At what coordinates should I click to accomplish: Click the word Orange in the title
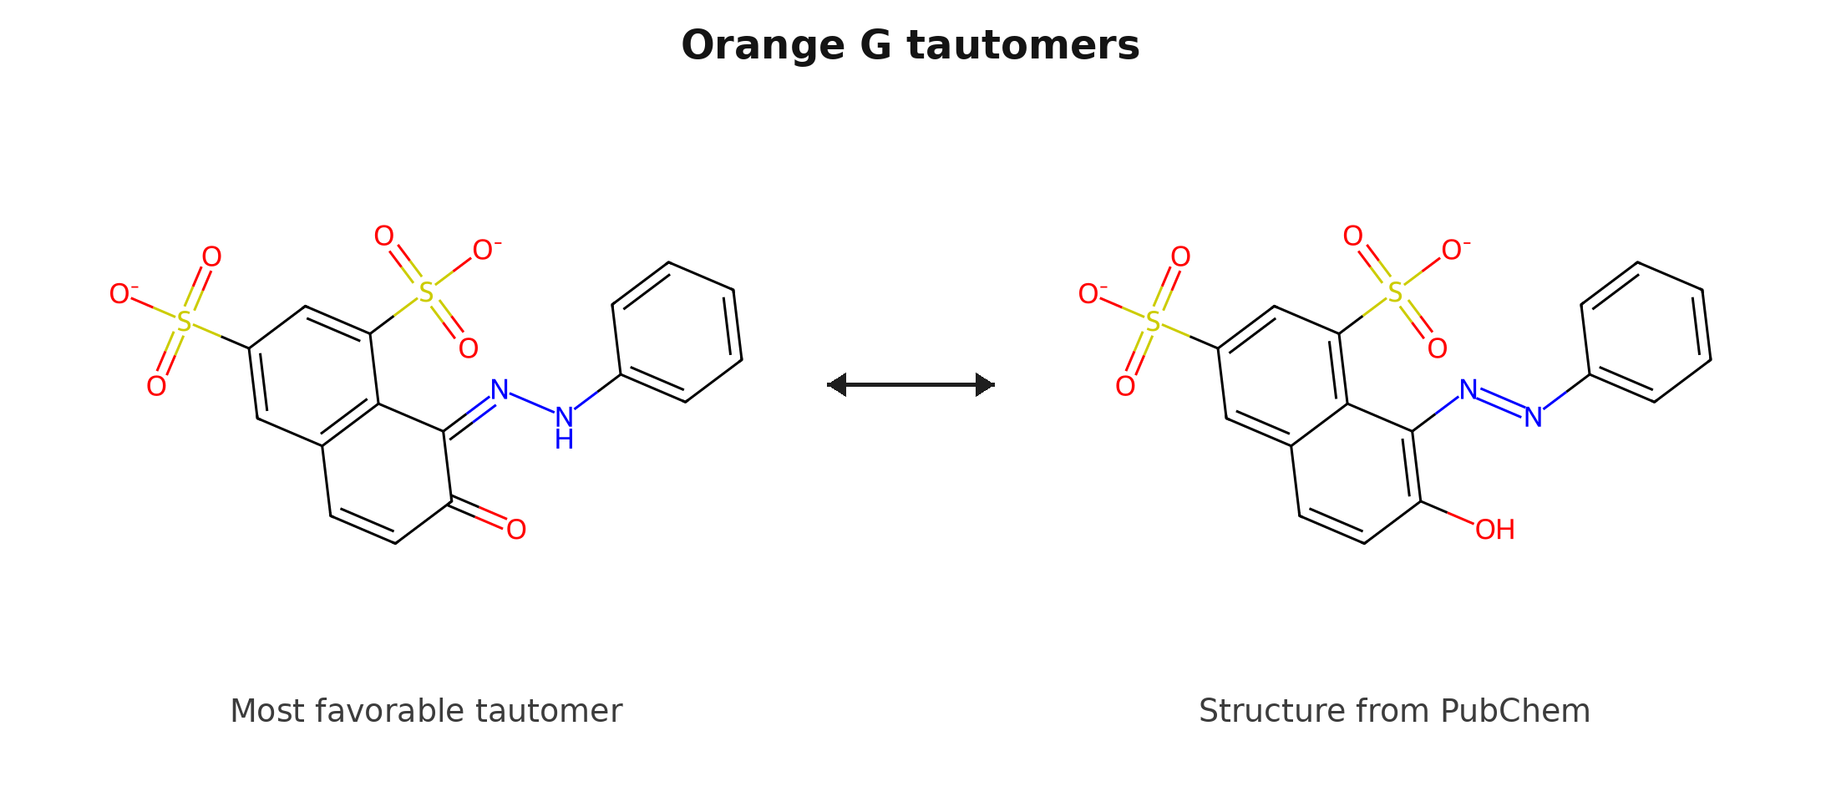763,46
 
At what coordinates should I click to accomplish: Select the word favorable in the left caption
385,711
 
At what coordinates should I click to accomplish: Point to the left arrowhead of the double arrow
837,384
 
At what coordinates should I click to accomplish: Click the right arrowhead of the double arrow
985,384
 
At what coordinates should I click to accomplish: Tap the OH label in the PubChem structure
1495,529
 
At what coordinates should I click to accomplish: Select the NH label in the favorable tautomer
565,427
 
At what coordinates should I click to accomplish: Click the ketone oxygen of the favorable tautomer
516,529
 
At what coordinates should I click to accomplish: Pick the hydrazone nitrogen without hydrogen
500,389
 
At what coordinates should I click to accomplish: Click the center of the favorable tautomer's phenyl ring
677,332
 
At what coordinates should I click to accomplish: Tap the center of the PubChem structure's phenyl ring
1646,332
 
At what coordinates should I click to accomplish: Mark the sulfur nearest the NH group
426,292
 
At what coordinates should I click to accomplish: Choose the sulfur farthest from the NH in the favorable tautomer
184,322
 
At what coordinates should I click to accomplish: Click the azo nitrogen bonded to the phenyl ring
1534,417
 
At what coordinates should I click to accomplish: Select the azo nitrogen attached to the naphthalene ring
1468,389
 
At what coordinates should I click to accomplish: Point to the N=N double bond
1501,404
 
